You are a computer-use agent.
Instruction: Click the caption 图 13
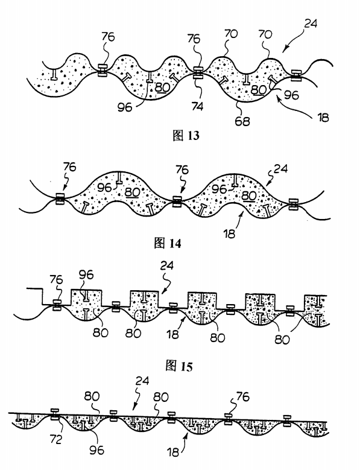pyautogui.click(x=186, y=136)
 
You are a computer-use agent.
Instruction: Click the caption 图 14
pyautogui.click(x=168, y=243)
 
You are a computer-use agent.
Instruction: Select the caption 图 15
pyautogui.click(x=179, y=366)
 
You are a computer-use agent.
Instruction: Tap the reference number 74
pyautogui.click(x=198, y=106)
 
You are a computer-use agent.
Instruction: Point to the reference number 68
pyautogui.click(x=242, y=121)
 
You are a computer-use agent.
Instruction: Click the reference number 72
pyautogui.click(x=56, y=439)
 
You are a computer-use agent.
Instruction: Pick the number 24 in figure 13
pyautogui.click(x=311, y=24)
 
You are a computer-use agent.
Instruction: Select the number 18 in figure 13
pyautogui.click(x=323, y=117)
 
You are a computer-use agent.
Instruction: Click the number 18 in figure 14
pyautogui.click(x=229, y=234)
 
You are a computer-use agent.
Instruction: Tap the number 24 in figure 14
pyautogui.click(x=280, y=169)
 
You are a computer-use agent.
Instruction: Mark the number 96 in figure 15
pyautogui.click(x=86, y=275)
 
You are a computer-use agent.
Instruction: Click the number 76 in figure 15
pyautogui.click(x=56, y=280)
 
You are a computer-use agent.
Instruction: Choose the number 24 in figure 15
pyautogui.click(x=167, y=265)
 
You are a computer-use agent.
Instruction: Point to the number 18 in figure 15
pyautogui.click(x=172, y=334)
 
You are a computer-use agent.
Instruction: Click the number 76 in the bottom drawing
pyautogui.click(x=242, y=396)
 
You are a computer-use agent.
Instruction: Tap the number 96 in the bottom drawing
pyautogui.click(x=96, y=450)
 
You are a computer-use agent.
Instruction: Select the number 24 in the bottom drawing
pyautogui.click(x=142, y=381)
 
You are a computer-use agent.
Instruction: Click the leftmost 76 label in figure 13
pyautogui.click(x=108, y=37)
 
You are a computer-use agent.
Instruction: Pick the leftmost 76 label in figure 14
pyautogui.click(x=69, y=167)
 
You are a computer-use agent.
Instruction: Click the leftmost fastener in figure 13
pyautogui.click(x=103, y=70)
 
